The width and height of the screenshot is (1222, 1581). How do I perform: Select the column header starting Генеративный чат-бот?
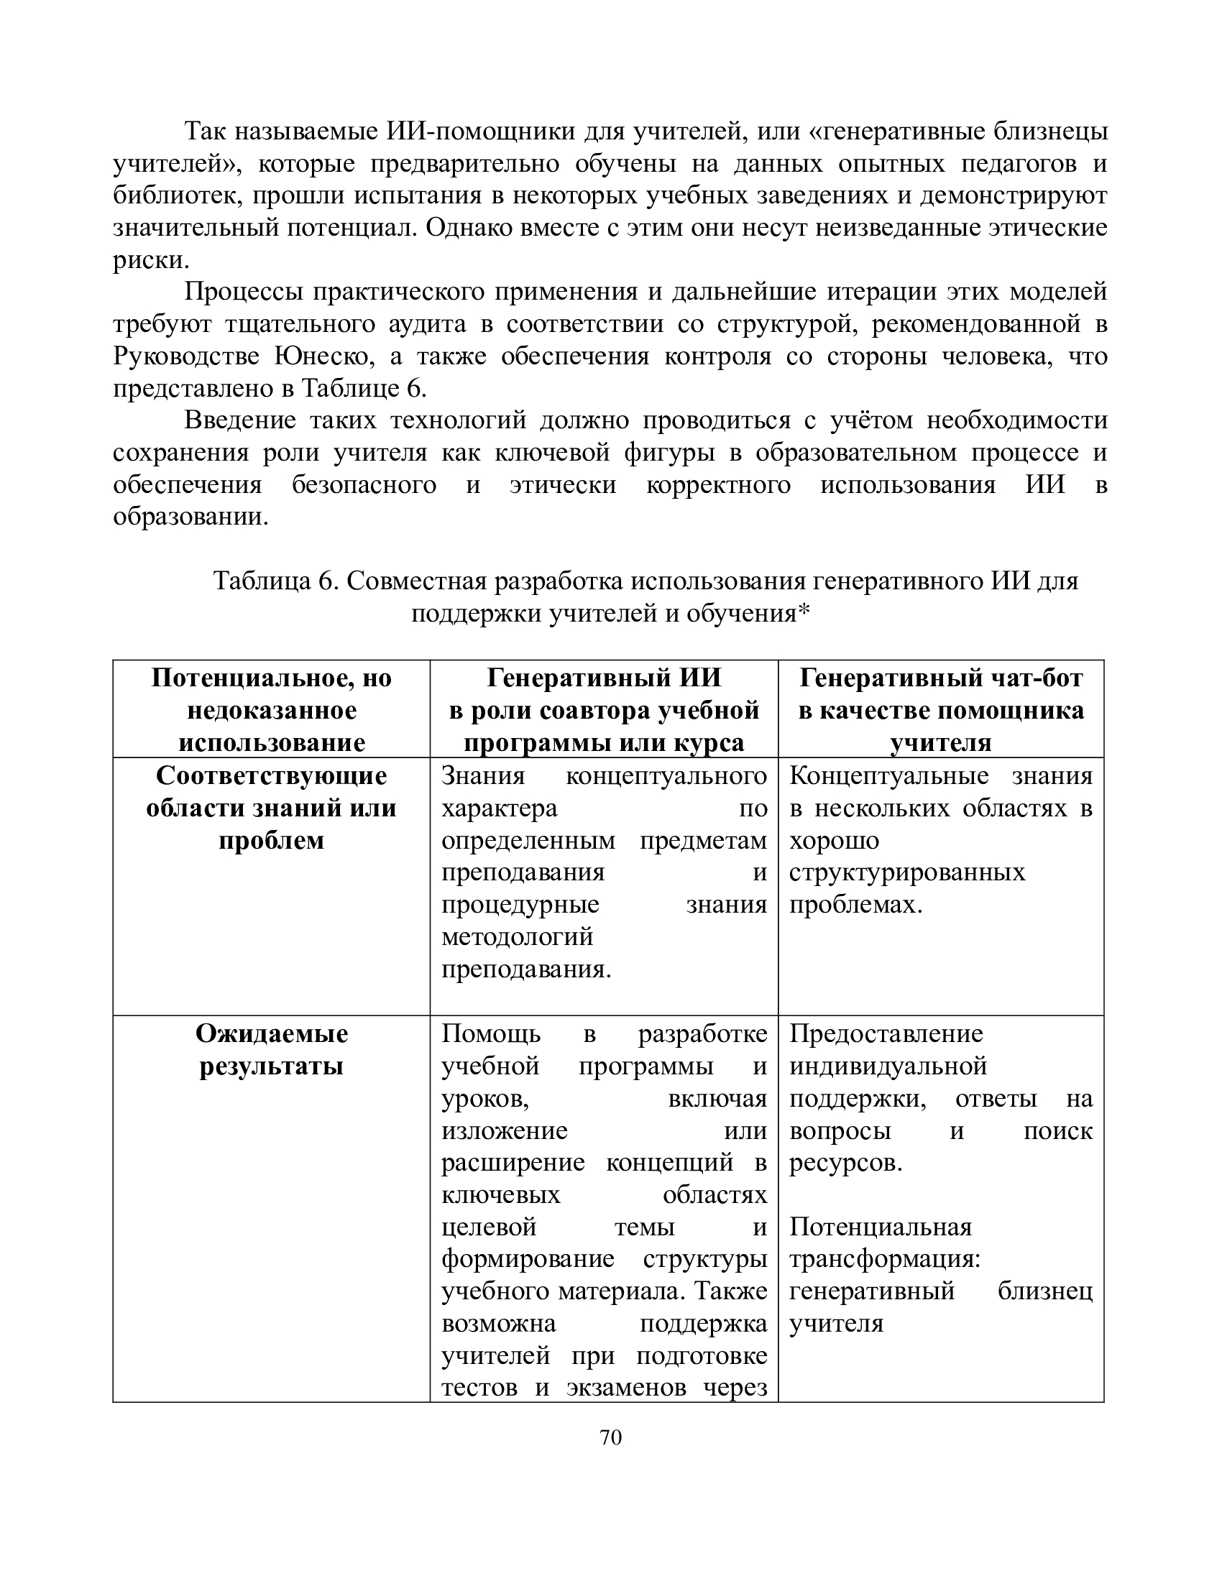(x=940, y=709)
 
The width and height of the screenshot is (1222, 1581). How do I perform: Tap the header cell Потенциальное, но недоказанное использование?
(x=272, y=709)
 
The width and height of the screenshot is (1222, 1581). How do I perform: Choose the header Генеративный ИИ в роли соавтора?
(x=604, y=709)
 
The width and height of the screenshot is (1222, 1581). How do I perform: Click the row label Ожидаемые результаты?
(x=272, y=1050)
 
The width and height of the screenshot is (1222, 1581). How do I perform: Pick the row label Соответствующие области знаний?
(x=272, y=808)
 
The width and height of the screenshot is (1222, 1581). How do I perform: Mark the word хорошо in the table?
(x=834, y=842)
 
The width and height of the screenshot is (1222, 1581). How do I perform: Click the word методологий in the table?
(x=517, y=937)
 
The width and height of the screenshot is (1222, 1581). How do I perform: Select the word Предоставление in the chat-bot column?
(x=886, y=1033)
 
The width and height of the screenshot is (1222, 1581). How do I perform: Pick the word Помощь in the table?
(x=491, y=1033)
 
